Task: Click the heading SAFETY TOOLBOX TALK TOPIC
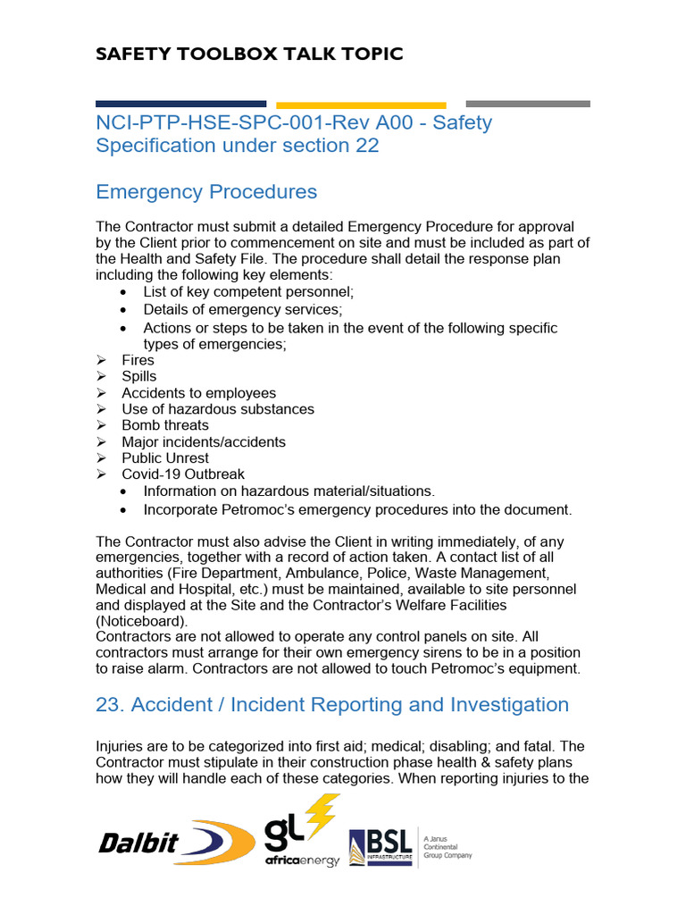[249, 54]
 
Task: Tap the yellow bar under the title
[361, 105]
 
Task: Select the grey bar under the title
[528, 104]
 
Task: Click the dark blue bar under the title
[180, 104]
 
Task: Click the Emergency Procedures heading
[205, 192]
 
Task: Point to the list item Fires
[138, 360]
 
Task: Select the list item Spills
[138, 376]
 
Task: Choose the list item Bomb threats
[164, 425]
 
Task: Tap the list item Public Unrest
[164, 457]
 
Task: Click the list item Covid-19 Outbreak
[182, 474]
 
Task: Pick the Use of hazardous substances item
[217, 409]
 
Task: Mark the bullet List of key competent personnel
[248, 292]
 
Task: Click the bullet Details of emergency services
[242, 309]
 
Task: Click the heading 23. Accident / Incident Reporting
[331, 705]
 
